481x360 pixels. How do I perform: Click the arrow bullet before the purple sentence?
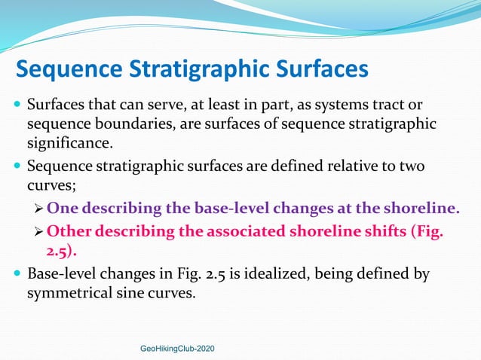(39, 209)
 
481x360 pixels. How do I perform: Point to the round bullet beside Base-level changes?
(17, 273)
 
